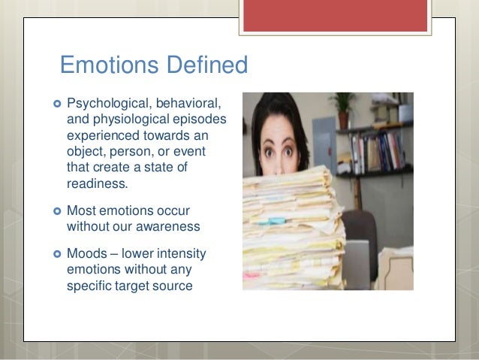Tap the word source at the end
pos(174,285)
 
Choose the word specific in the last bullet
pos(89,285)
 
